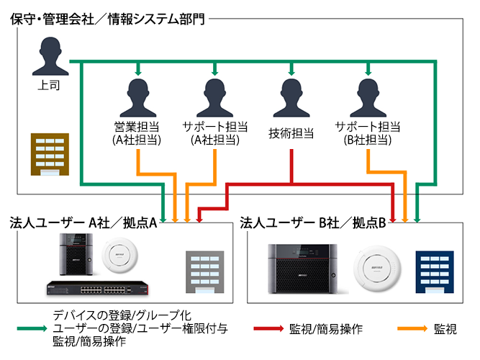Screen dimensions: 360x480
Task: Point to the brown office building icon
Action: click(49, 154)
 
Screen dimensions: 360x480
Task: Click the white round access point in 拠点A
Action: click(119, 257)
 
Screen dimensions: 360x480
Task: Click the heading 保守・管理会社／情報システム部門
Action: click(108, 19)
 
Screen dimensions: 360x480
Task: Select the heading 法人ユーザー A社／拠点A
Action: click(83, 222)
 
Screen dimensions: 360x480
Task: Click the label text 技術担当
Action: click(291, 132)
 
